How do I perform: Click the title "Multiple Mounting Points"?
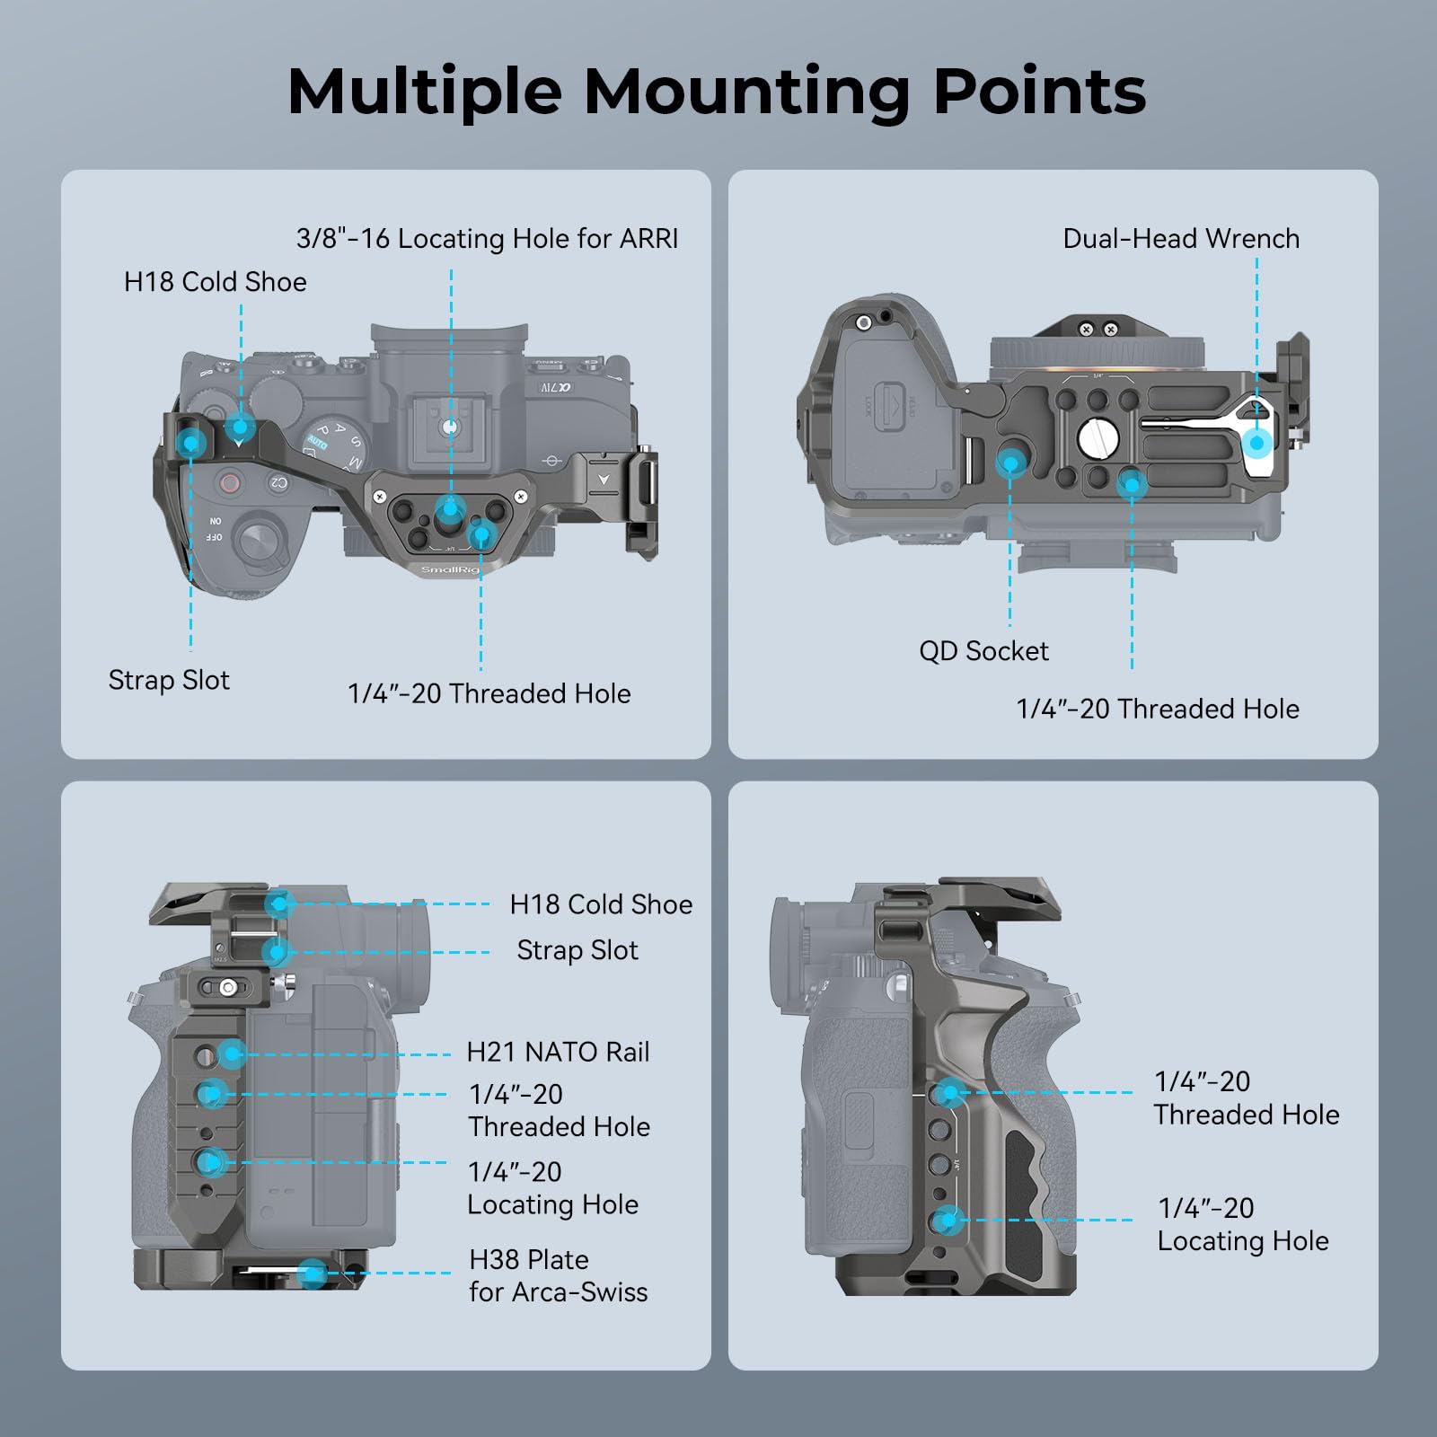(717, 92)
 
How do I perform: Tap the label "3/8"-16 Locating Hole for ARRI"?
(487, 238)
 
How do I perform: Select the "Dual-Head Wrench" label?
(1181, 238)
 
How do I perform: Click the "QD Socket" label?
(983, 650)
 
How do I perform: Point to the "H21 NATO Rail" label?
(558, 1052)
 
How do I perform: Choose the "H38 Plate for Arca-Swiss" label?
(558, 1275)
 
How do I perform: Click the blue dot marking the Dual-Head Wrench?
(1257, 443)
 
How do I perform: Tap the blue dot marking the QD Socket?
(1010, 463)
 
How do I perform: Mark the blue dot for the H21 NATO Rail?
(232, 1054)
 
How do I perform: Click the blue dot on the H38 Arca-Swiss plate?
(312, 1273)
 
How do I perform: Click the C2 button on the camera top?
(278, 483)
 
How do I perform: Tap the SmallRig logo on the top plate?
(450, 569)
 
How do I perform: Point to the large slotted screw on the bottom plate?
(1098, 438)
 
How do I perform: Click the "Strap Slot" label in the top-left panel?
(169, 680)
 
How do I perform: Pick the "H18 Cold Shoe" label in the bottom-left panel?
(601, 904)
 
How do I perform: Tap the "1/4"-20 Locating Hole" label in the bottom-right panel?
(1243, 1224)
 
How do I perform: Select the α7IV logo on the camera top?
(556, 388)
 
